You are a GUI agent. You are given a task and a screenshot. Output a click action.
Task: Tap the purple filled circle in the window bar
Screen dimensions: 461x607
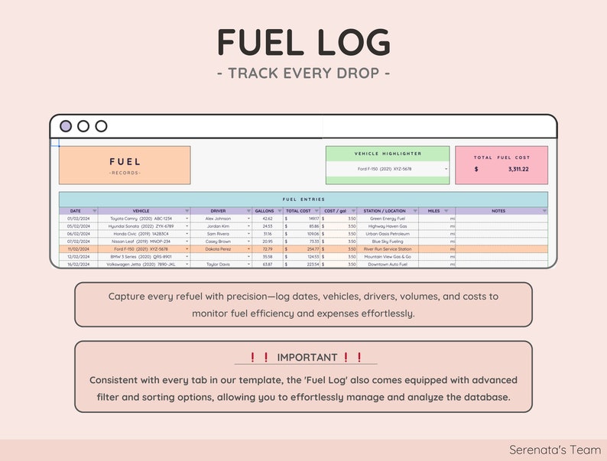(x=66, y=126)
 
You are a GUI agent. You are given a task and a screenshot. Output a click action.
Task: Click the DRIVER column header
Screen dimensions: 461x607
(x=219, y=211)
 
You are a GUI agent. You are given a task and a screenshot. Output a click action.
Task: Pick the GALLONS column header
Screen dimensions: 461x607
(x=265, y=211)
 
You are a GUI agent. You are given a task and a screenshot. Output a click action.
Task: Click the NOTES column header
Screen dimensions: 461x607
(x=498, y=211)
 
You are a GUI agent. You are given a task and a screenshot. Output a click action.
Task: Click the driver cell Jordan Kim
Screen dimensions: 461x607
(x=218, y=226)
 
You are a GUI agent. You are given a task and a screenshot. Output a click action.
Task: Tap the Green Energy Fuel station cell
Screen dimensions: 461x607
(x=388, y=219)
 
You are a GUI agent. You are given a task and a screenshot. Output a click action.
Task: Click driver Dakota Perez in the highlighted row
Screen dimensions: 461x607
(x=218, y=249)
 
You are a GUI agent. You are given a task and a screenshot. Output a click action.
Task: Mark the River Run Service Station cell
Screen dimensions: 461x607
(x=388, y=249)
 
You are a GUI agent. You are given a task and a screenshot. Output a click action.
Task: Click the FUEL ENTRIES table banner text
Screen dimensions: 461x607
(x=303, y=200)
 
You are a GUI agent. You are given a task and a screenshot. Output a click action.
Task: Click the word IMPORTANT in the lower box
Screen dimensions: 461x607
(x=307, y=357)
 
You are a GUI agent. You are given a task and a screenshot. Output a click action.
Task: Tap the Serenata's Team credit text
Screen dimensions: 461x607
(x=554, y=450)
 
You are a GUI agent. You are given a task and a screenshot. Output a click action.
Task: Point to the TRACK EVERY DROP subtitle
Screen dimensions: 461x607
(x=303, y=73)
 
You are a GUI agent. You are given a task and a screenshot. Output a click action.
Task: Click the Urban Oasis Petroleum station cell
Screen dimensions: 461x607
(x=388, y=234)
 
